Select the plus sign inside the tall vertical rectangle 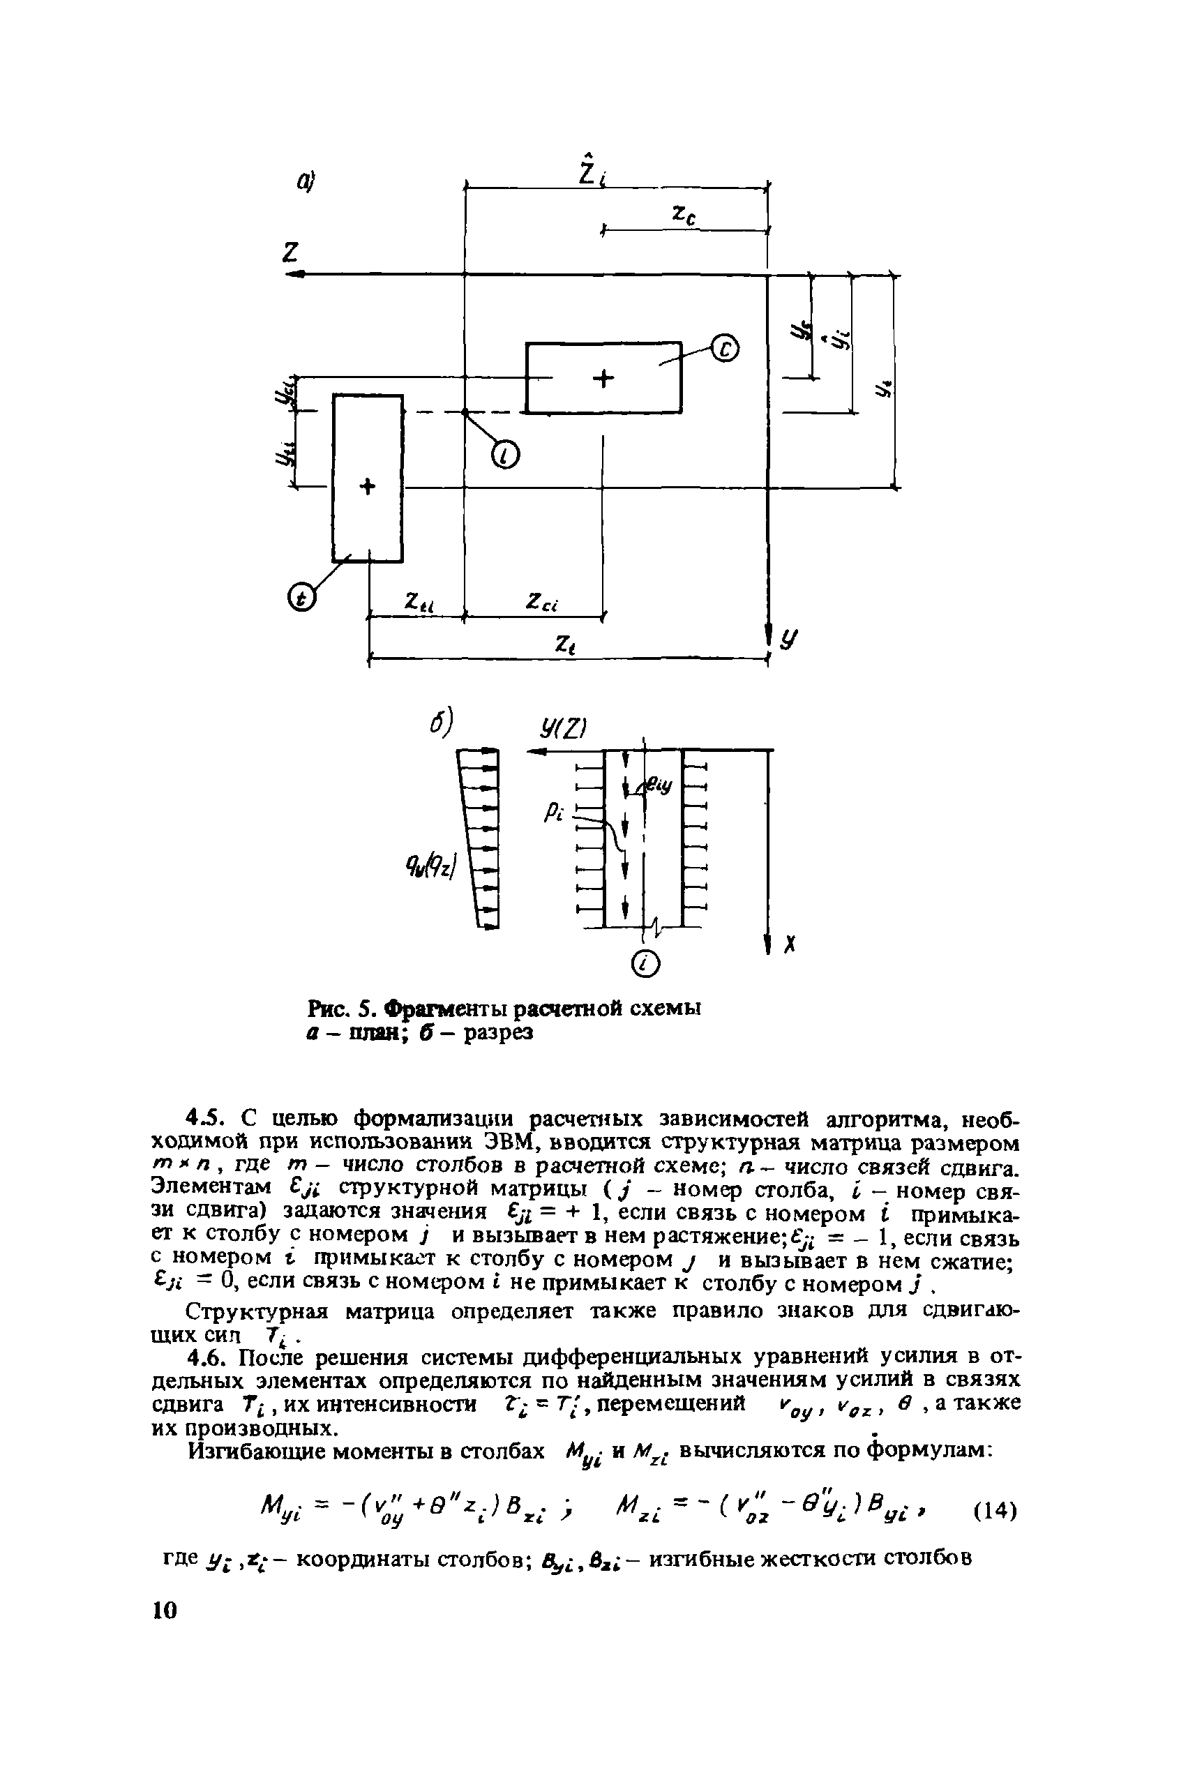pos(368,487)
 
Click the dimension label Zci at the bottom pos(542,602)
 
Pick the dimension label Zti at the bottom pos(419,602)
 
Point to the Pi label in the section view pos(553,814)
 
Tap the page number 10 pos(164,1610)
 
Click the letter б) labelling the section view pos(442,722)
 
